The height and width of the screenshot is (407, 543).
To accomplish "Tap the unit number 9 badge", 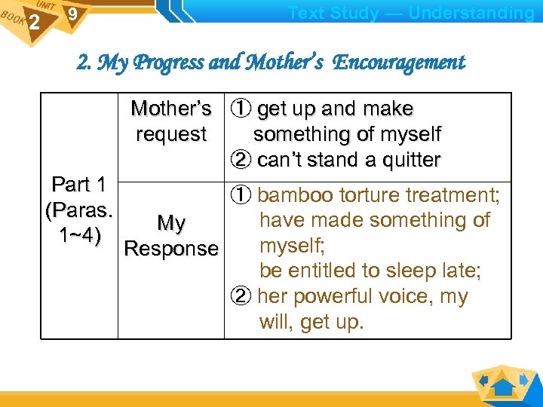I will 72,14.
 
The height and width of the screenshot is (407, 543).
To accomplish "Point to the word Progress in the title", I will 167,63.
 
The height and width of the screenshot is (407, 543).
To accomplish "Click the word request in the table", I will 171,135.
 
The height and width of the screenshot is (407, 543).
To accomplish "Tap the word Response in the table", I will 171,249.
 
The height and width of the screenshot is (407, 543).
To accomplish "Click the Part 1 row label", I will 79,185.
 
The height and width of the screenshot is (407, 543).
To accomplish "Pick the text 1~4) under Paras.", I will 79,236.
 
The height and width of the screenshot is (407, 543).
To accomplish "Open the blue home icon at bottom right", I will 503,387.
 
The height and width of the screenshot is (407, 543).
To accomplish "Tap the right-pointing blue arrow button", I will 524,378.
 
